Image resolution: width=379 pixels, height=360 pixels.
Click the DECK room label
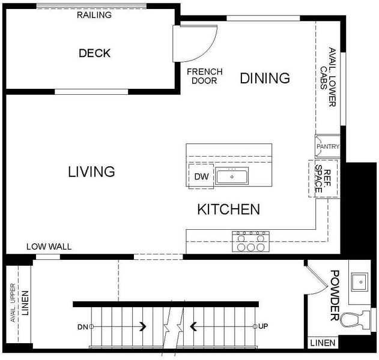(x=94, y=53)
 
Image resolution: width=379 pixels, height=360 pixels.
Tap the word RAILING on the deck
(x=94, y=15)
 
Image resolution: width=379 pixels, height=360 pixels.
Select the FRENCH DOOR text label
(x=205, y=76)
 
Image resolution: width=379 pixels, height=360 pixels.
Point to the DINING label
(x=265, y=78)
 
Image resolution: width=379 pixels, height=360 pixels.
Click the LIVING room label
(x=91, y=172)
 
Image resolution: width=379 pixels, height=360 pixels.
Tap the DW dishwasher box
(x=201, y=176)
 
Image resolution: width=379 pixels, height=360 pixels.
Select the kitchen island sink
(x=232, y=176)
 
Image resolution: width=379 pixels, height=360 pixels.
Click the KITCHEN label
(x=229, y=209)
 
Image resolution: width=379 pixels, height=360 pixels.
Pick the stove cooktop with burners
(x=251, y=241)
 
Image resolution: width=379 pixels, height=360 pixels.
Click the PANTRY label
(x=328, y=146)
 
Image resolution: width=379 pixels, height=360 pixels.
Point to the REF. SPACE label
(x=323, y=179)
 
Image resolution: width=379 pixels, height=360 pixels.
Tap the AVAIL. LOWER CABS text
(x=328, y=77)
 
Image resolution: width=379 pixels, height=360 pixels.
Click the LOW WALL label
(x=49, y=247)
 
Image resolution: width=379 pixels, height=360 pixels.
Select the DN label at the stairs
(x=83, y=327)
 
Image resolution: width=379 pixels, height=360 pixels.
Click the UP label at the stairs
(x=263, y=326)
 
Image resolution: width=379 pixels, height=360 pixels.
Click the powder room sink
(x=360, y=282)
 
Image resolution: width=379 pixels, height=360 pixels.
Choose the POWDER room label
(x=335, y=295)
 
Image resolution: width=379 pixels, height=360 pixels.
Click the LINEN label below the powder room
(x=323, y=343)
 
